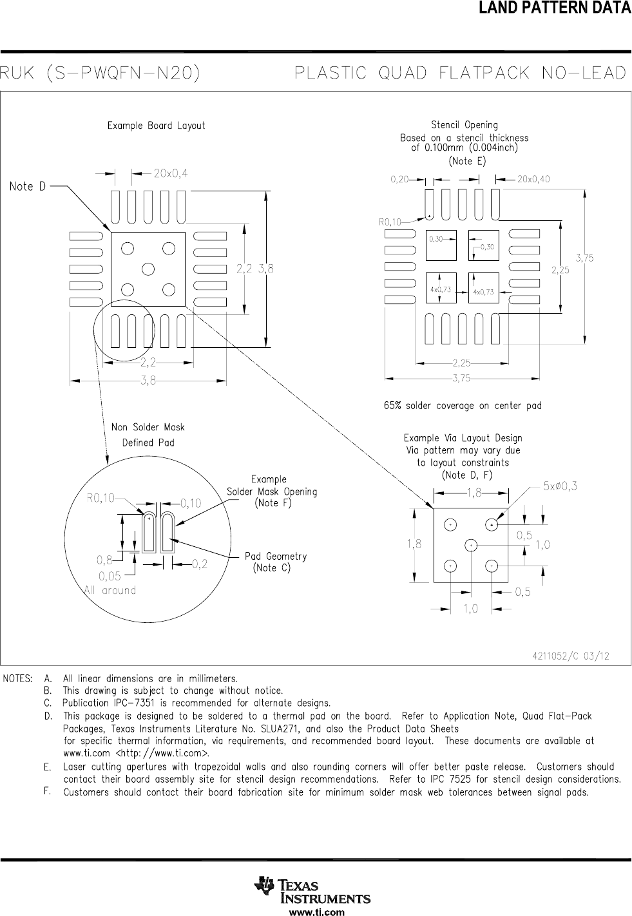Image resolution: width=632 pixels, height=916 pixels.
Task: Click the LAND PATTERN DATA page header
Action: [x=554, y=8]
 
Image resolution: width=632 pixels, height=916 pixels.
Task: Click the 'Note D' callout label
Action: [x=28, y=186]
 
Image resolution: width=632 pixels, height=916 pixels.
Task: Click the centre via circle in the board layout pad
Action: [x=148, y=269]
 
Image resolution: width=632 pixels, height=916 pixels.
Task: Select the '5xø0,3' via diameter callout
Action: [x=560, y=486]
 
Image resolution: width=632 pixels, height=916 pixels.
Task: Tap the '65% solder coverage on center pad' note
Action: [x=463, y=406]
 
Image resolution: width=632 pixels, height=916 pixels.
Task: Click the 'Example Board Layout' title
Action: [x=156, y=126]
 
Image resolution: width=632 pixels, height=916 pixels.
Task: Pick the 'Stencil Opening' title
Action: [x=464, y=125]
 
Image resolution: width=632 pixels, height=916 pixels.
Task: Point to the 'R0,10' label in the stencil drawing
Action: [x=389, y=222]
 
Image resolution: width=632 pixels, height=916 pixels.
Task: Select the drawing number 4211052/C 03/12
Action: [x=570, y=656]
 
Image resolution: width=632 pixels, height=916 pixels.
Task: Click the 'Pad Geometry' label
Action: [x=275, y=557]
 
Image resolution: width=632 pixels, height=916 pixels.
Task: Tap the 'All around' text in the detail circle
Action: [x=110, y=590]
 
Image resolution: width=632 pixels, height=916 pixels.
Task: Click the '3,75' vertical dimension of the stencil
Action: [x=584, y=258]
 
